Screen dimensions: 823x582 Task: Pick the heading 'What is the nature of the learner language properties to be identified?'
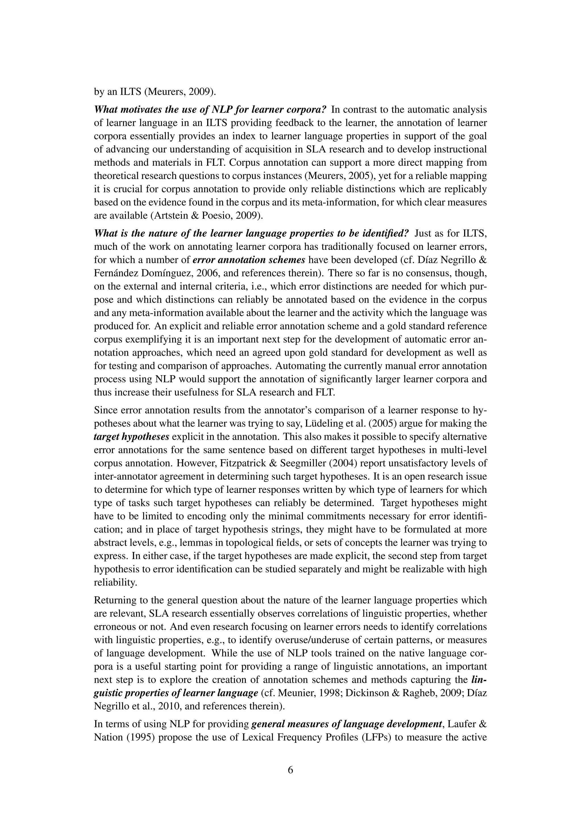(251, 233)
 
